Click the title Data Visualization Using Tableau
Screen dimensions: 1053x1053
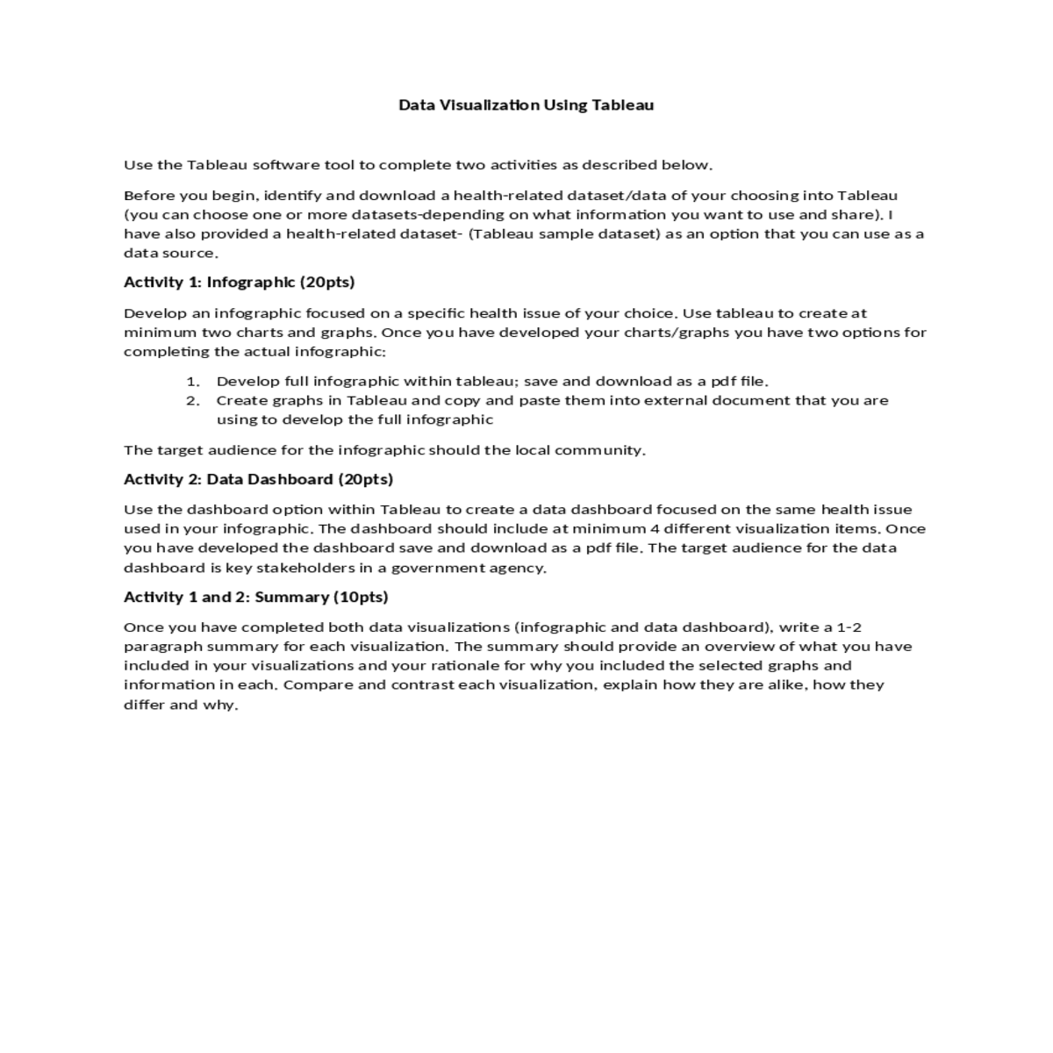(x=526, y=105)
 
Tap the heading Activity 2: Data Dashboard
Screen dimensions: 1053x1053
(x=258, y=479)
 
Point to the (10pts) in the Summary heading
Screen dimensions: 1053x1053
(x=361, y=597)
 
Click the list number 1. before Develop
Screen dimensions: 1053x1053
(x=193, y=382)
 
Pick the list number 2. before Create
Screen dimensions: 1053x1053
(x=193, y=401)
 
